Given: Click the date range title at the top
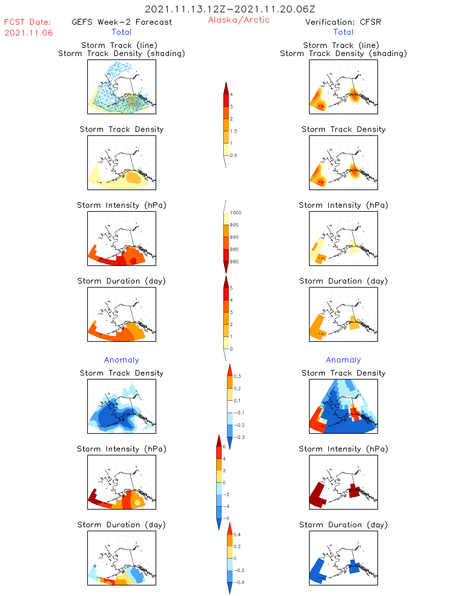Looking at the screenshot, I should [x=230, y=9].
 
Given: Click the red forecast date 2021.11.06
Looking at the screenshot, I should [x=28, y=33].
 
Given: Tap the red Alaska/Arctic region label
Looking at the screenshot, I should [x=239, y=20].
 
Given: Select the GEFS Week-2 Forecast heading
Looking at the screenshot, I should [x=122, y=22].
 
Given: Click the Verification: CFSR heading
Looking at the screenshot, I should [x=343, y=22].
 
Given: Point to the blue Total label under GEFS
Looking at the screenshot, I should [x=122, y=32].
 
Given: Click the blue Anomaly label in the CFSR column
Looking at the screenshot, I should [x=343, y=360].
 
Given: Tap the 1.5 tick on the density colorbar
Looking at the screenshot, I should [x=233, y=131].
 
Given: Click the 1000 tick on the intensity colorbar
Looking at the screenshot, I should [x=235, y=213].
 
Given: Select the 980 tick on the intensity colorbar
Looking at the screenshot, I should [x=234, y=262].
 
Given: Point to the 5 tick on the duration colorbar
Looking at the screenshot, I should [x=231, y=288].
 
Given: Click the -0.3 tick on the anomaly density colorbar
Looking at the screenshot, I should [x=239, y=437].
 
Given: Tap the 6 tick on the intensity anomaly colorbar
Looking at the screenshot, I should [x=224, y=447].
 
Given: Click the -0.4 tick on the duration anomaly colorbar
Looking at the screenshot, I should [x=239, y=582].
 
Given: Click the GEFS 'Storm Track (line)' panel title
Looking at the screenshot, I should [x=119, y=45].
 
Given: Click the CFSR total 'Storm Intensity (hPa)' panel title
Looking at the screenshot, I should [x=343, y=205].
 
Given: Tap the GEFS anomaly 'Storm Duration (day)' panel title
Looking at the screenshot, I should [x=122, y=525].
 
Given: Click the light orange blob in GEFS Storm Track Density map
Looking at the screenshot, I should [x=134, y=178].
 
